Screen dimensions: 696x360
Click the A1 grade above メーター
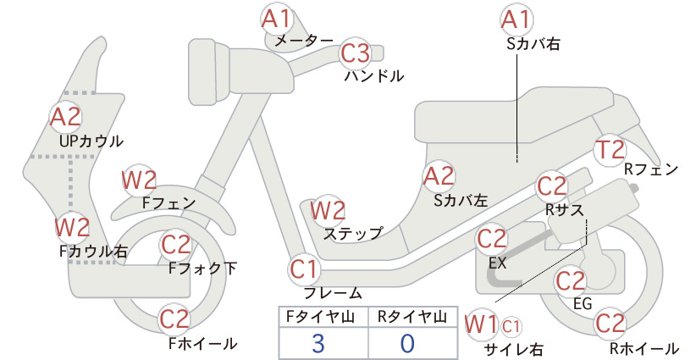click(x=276, y=19)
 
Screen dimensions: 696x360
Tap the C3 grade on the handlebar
click(x=356, y=53)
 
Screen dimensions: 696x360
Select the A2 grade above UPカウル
click(x=66, y=117)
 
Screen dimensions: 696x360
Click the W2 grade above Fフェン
click(x=139, y=180)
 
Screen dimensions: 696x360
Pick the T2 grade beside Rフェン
click(x=610, y=150)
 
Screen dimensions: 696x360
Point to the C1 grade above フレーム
click(x=305, y=269)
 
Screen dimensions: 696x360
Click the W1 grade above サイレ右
click(x=481, y=324)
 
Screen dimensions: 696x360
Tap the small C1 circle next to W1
click(x=511, y=328)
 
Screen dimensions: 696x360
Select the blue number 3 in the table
click(x=318, y=344)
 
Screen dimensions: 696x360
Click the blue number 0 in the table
click(x=407, y=344)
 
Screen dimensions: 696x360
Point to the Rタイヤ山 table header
click(x=412, y=317)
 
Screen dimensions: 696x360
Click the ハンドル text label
click(x=374, y=76)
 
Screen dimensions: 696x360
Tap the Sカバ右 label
click(x=533, y=43)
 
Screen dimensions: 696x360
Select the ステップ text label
click(x=353, y=234)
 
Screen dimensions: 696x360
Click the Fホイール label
click(x=203, y=343)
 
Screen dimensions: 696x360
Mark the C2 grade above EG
click(x=571, y=281)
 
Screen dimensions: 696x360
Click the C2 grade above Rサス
click(x=552, y=187)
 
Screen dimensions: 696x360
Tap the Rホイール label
click(x=644, y=348)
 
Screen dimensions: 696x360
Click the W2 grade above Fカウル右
click(x=72, y=227)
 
